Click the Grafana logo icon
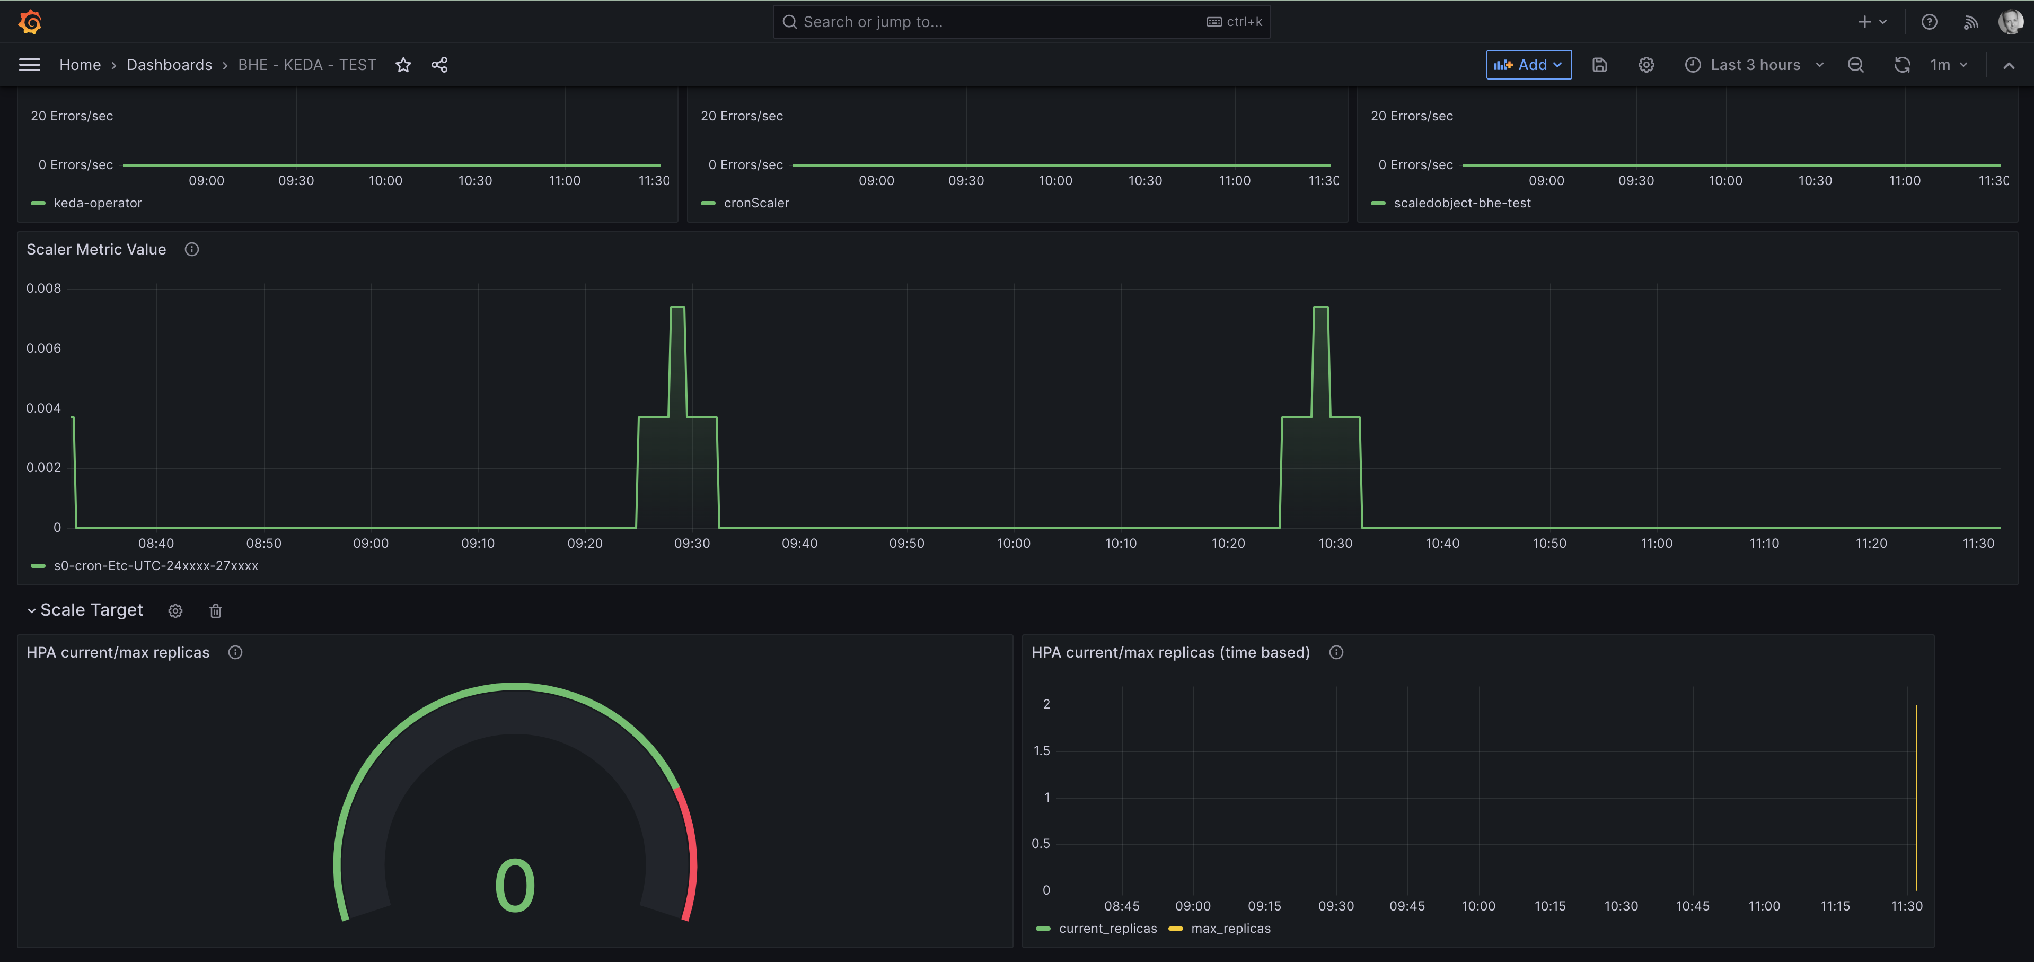(30, 22)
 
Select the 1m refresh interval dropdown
(1947, 65)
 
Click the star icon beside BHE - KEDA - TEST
(403, 65)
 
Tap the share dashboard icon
(440, 65)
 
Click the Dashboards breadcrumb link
(169, 65)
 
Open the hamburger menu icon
(29, 65)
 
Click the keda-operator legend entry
(97, 203)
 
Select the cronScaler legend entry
(755, 203)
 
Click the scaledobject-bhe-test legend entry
(1461, 203)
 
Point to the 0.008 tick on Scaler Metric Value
(43, 288)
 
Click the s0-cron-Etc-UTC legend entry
(155, 565)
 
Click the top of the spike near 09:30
(677, 307)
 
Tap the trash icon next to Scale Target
(216, 610)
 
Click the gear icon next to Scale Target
(175, 610)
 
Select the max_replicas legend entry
(1230, 928)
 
